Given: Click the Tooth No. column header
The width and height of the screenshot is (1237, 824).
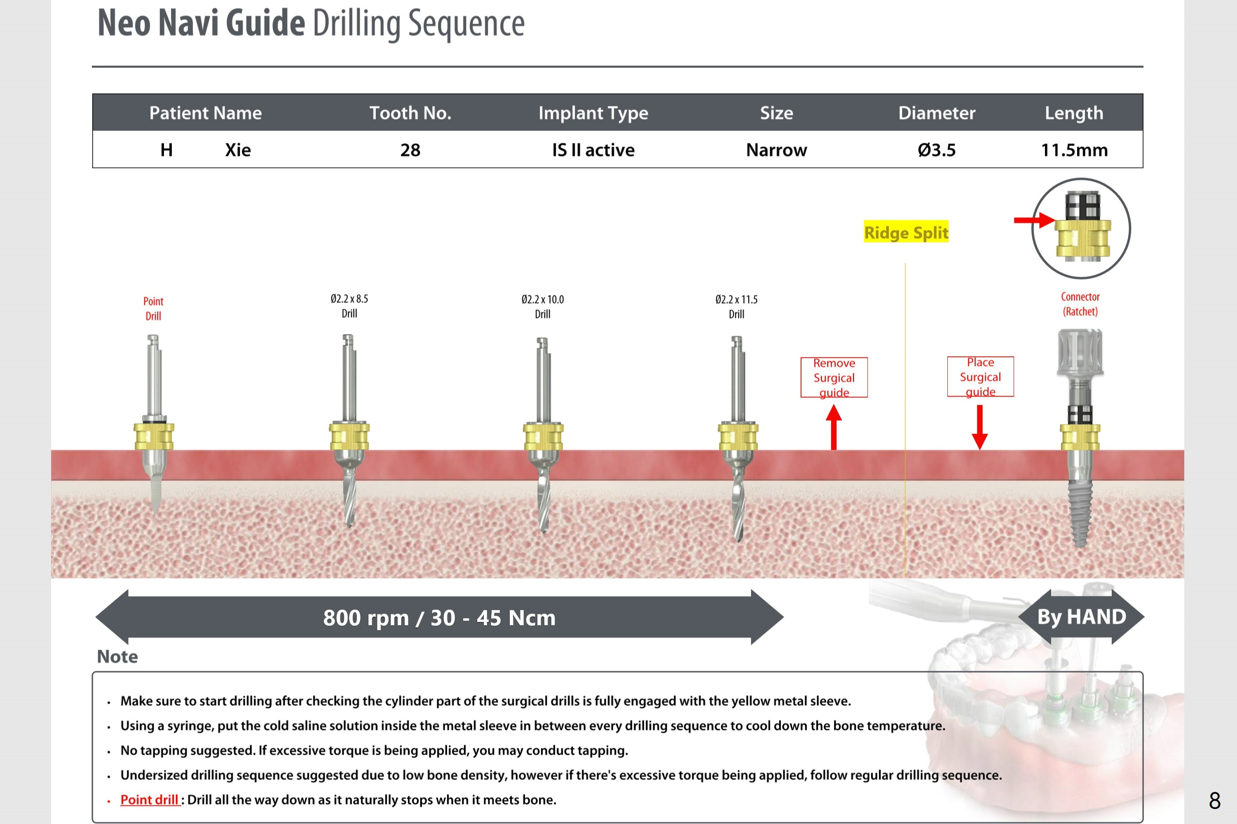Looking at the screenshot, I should (410, 113).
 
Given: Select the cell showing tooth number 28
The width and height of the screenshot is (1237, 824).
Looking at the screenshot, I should (410, 150).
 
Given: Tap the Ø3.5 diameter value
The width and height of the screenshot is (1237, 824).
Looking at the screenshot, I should (936, 150).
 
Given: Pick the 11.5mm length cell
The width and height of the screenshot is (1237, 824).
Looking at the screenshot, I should (1074, 150).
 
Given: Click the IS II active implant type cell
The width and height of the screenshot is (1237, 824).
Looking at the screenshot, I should (593, 150).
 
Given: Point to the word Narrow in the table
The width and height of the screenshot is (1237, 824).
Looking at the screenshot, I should (776, 150).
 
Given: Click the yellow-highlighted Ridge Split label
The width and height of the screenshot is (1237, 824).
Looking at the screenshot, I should (906, 232).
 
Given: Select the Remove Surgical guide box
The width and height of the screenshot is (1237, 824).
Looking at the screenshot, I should (834, 377).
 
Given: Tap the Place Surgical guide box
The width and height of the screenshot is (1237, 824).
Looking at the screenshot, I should (980, 377).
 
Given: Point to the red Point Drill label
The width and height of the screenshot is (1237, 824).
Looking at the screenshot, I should (154, 308).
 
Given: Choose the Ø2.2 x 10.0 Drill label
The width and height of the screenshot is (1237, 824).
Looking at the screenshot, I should (543, 306).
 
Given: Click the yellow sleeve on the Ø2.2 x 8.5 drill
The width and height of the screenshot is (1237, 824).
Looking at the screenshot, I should (349, 436).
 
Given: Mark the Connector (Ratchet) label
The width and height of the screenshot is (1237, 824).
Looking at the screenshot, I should (1080, 304).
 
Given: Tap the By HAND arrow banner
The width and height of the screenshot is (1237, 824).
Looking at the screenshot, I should (1081, 616).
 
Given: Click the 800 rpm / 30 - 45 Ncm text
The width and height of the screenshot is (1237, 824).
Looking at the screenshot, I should (439, 617).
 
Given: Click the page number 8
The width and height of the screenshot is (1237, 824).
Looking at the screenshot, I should (1214, 801).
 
